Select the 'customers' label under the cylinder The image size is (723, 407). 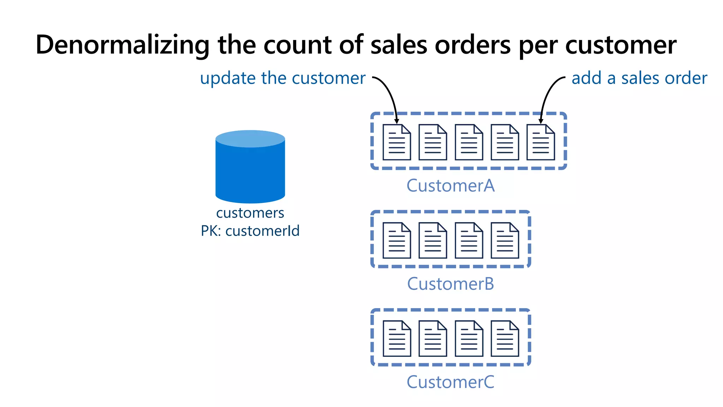pyautogui.click(x=250, y=213)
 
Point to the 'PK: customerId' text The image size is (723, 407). pyautogui.click(x=250, y=231)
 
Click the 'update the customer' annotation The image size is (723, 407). pyautogui.click(x=282, y=78)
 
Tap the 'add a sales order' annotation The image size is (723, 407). pyautogui.click(x=639, y=78)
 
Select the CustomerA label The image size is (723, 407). pyautogui.click(x=450, y=186)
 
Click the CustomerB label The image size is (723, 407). pyautogui.click(x=450, y=284)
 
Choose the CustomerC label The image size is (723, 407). pyautogui.click(x=450, y=382)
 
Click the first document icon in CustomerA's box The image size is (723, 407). pyautogui.click(x=397, y=142)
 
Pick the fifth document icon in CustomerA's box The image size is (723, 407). pyautogui.click(x=540, y=142)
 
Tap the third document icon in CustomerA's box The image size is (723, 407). pyautogui.click(x=469, y=142)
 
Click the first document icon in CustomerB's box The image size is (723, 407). pyautogui.click(x=397, y=240)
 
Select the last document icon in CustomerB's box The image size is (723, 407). pyautogui.click(x=505, y=240)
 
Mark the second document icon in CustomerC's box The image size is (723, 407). pyautogui.click(x=433, y=338)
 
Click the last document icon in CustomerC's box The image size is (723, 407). pyautogui.click(x=505, y=338)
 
